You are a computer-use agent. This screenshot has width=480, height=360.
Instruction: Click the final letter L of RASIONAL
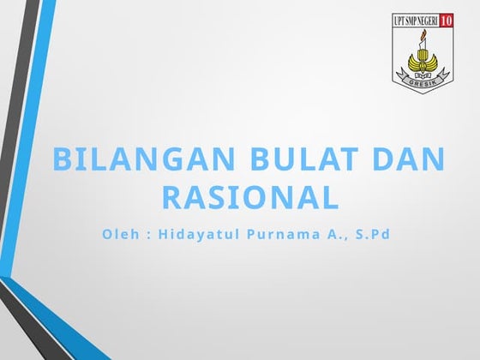[x=329, y=198]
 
